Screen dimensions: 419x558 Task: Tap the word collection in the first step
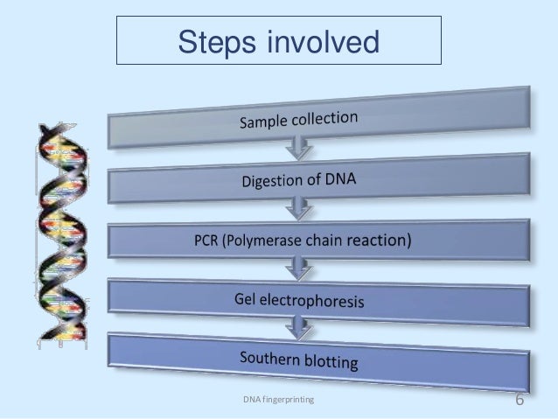pos(326,118)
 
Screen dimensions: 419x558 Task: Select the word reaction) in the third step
pos(378,239)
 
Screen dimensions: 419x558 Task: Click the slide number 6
pos(520,400)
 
